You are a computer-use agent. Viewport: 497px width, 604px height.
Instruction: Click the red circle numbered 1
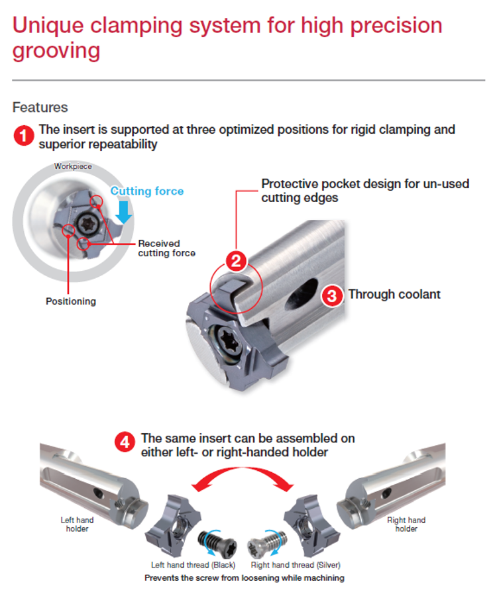24,136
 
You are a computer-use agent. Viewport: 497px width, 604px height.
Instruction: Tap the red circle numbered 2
237,261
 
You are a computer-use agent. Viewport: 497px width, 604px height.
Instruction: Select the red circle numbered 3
332,295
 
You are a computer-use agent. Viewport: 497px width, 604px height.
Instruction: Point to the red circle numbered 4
125,442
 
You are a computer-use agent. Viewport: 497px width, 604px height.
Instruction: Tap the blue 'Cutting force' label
146,191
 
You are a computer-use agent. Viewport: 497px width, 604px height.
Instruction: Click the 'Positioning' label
70,301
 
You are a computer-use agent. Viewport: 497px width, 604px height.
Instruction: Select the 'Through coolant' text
394,294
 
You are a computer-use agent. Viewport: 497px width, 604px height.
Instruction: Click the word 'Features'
40,107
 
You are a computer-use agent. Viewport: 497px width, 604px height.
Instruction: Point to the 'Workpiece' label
73,166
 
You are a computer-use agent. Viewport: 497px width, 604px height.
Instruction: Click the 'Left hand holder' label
77,524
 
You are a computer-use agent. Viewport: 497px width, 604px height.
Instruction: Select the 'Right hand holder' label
406,524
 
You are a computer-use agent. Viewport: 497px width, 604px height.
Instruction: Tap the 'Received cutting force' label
166,248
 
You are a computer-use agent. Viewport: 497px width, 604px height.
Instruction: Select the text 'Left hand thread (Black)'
193,565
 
